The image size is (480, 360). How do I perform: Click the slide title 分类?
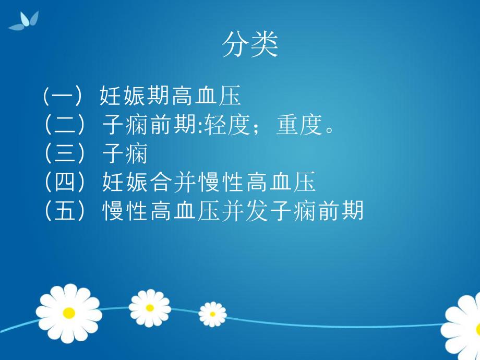coord(250,45)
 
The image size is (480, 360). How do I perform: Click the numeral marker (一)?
coord(63,97)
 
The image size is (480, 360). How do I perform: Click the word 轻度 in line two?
coord(226,126)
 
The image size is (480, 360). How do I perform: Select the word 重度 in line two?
coord(298,126)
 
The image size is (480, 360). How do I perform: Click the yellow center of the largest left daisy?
coord(69,313)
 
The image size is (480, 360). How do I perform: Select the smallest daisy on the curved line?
coord(212,314)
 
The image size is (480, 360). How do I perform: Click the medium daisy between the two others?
coord(150,308)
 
